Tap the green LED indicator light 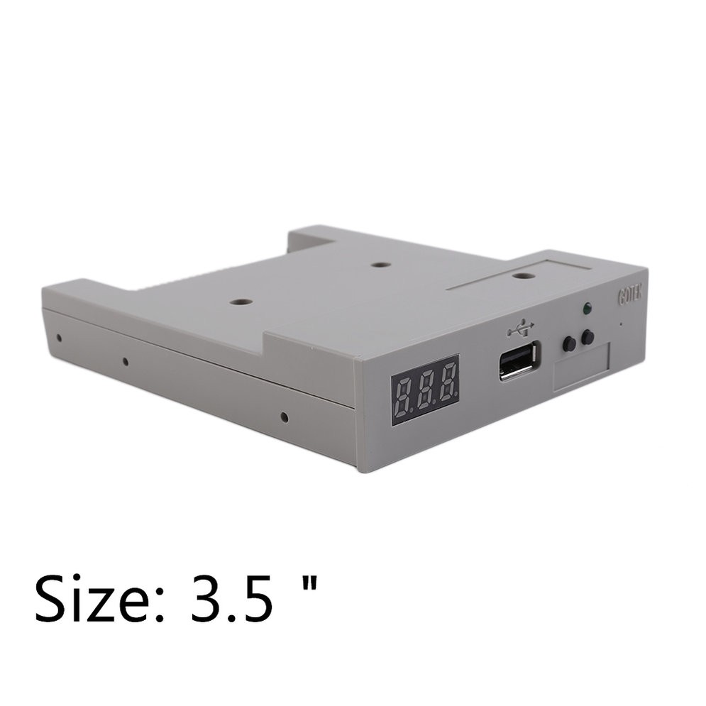click(585, 309)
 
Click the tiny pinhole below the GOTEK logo click(622, 324)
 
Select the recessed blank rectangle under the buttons click(582, 368)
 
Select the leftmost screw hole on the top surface click(241, 302)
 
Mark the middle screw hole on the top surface click(381, 265)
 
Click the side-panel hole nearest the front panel click(284, 417)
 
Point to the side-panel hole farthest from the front click(59, 337)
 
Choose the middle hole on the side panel click(125, 361)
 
